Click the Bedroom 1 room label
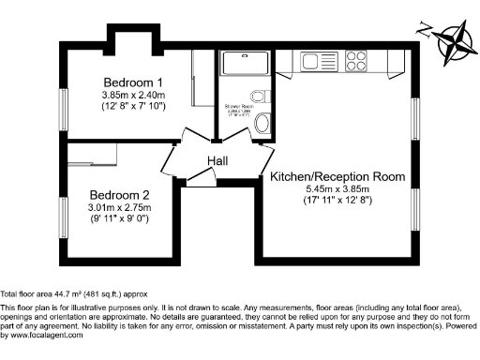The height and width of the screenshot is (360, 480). pos(133,82)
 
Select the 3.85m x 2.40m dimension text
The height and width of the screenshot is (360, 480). pos(133,94)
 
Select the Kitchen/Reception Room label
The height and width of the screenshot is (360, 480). pos(337,176)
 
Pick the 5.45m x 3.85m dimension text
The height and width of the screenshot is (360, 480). pos(337,187)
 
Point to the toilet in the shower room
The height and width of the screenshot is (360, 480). pos(263,123)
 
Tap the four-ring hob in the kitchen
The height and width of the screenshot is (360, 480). pos(357,62)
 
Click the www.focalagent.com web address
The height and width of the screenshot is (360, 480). pos(44,335)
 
